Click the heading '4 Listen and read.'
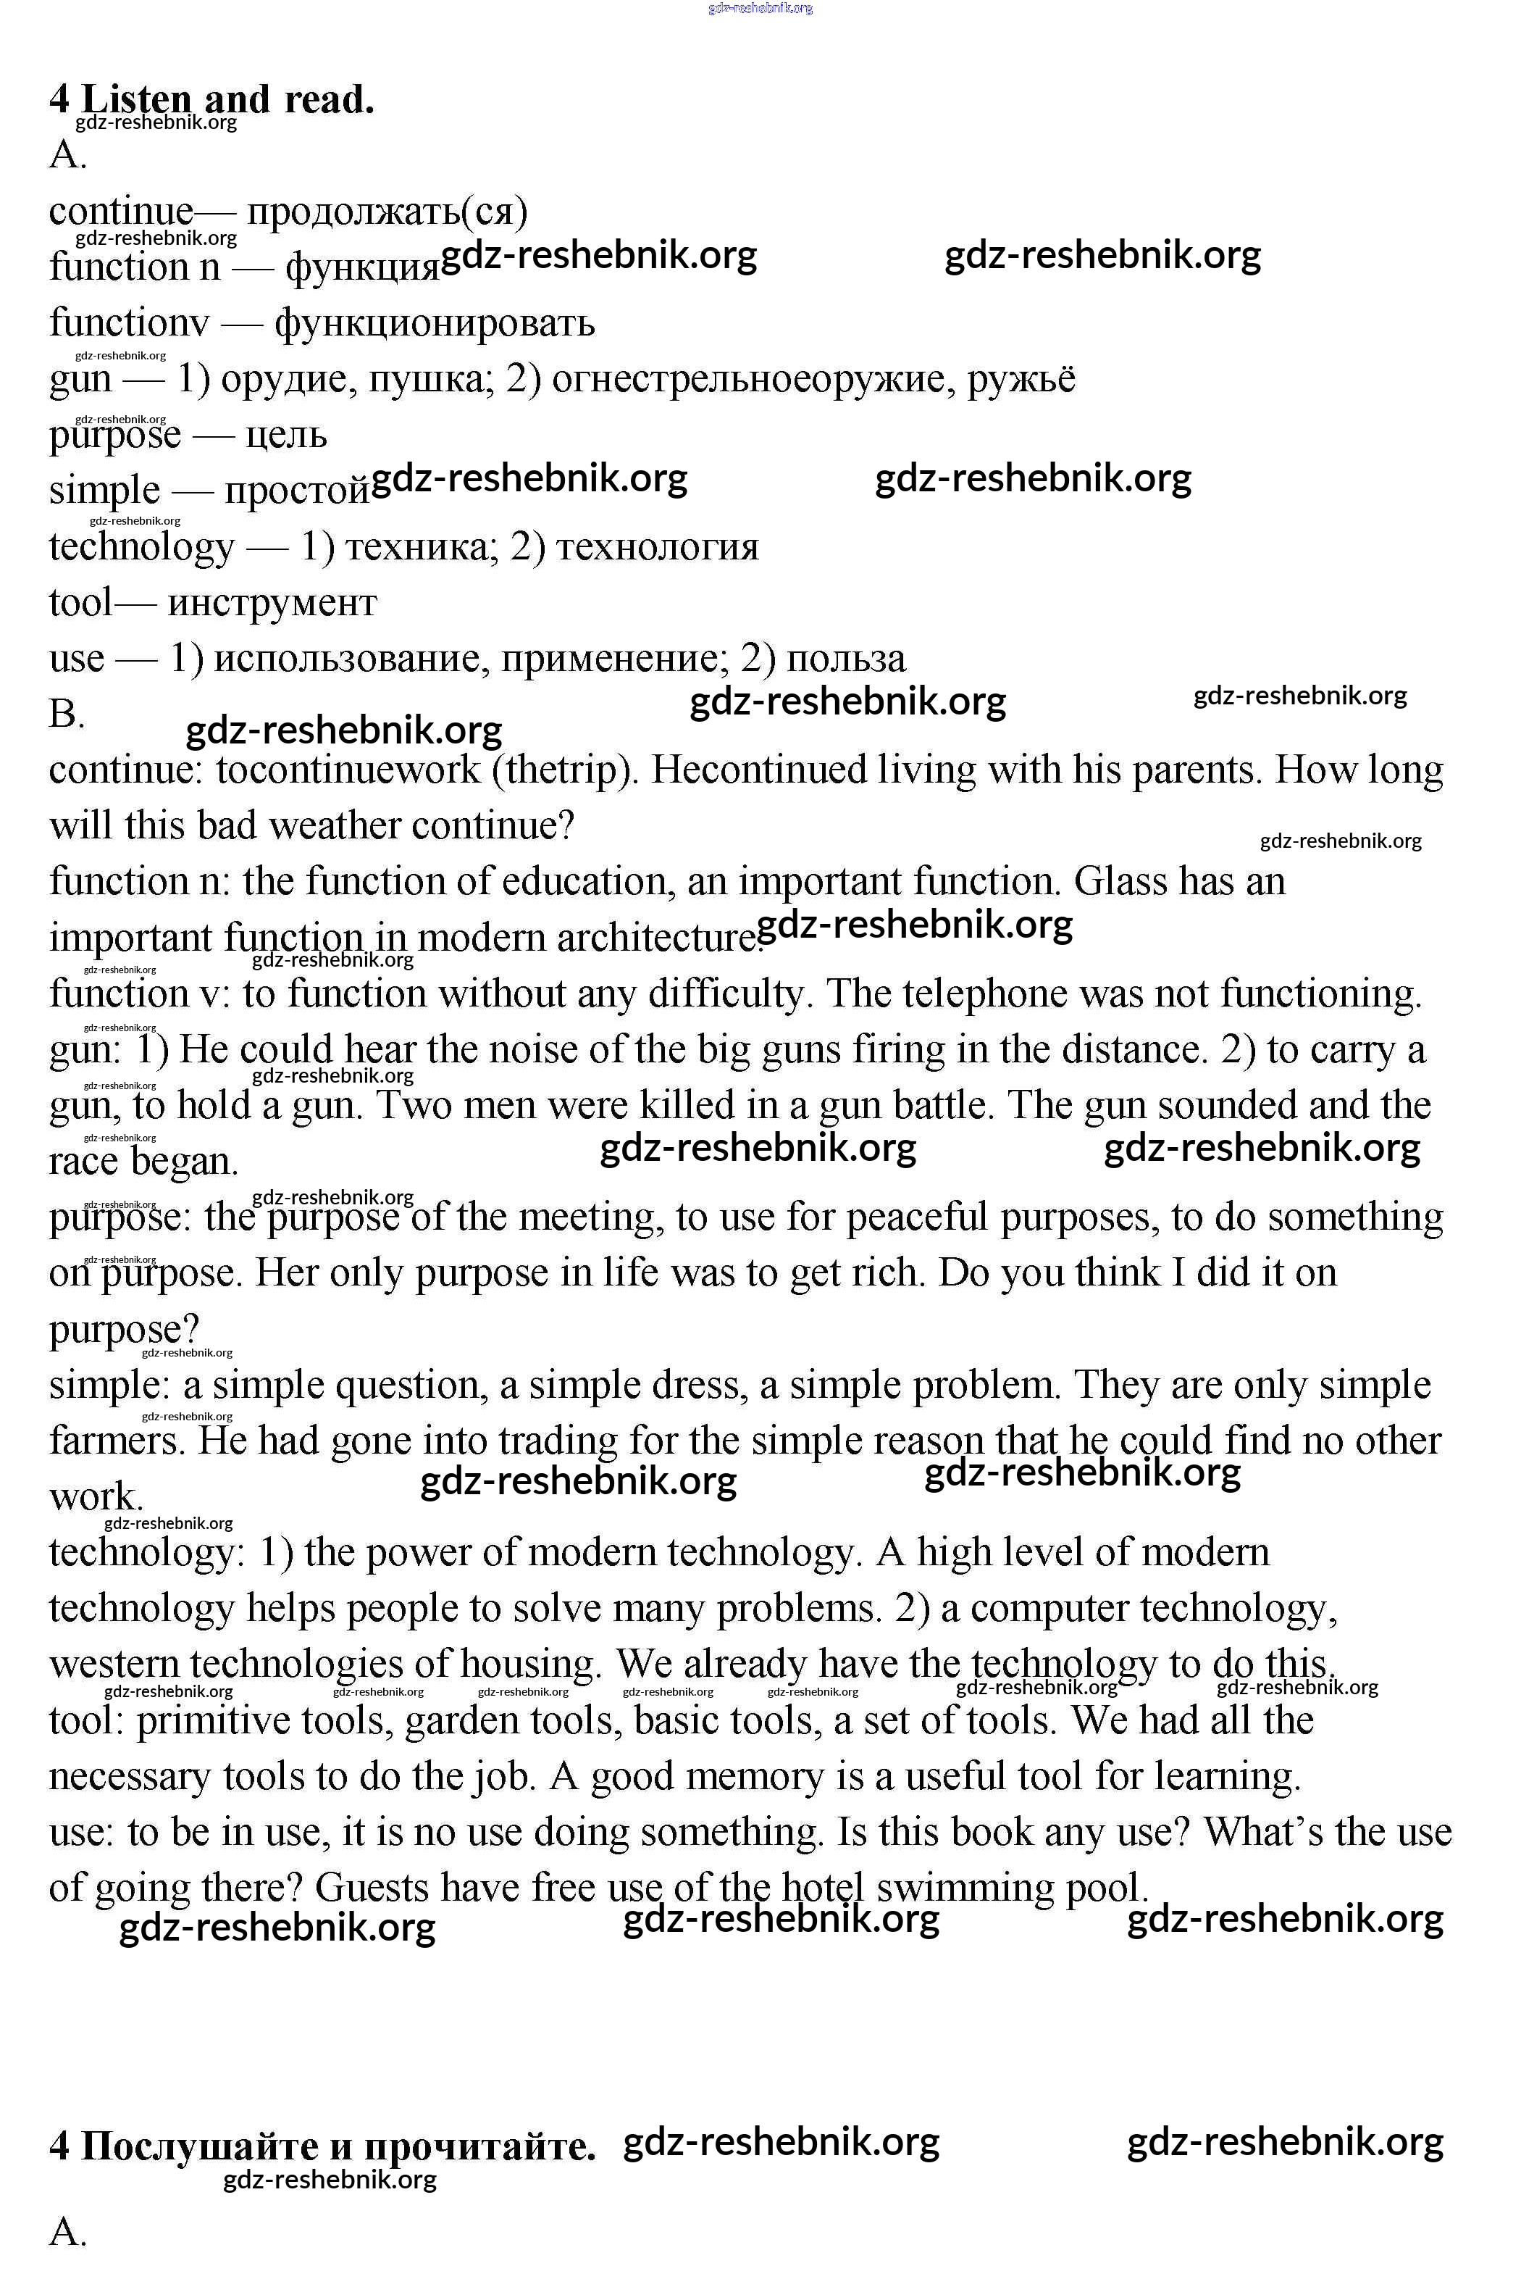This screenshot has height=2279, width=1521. click(211, 99)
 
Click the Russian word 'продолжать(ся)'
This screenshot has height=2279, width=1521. click(386, 212)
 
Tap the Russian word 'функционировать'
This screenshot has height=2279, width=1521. click(435, 323)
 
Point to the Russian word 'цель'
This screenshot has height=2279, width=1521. click(286, 436)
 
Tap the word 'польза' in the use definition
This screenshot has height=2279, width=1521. click(846, 659)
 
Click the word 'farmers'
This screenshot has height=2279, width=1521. click(117, 1442)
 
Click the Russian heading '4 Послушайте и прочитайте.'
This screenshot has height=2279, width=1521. click(322, 2147)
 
